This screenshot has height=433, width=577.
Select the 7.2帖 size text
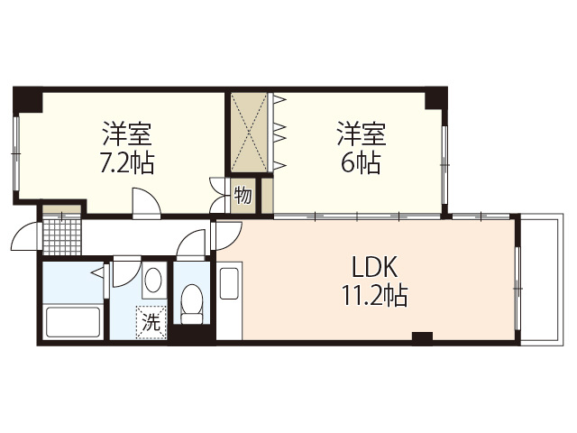tap(127, 163)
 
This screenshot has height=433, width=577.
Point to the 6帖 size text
tap(362, 163)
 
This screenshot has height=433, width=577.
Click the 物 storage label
tap(243, 194)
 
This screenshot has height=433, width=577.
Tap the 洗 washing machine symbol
tap(151, 320)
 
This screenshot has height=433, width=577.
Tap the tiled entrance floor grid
tap(62, 235)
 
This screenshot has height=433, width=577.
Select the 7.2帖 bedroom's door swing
tap(143, 202)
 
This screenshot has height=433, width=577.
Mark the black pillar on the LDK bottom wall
tap(421, 339)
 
